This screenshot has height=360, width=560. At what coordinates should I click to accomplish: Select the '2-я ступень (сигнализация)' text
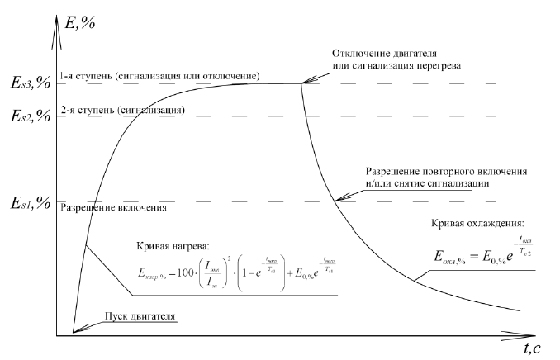[121, 110]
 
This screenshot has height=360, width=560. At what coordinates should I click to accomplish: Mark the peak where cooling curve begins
[301, 83]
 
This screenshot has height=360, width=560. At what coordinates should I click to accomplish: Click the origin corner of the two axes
[56, 335]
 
